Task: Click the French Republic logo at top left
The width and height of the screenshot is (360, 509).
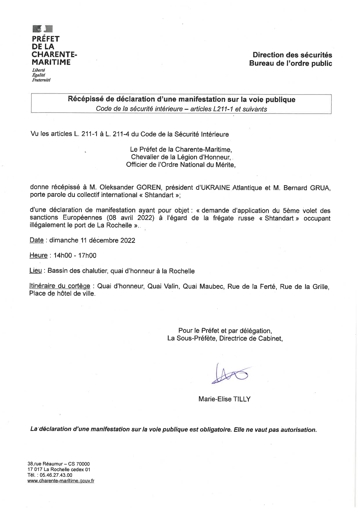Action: click(x=42, y=29)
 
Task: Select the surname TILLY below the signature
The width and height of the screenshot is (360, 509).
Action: click(x=242, y=399)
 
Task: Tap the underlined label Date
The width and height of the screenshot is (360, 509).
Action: click(x=37, y=240)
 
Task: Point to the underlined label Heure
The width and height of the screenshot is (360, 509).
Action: click(x=38, y=255)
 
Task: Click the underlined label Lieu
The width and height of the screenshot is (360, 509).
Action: click(x=35, y=271)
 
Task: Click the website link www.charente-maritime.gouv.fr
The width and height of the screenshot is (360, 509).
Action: click(x=61, y=481)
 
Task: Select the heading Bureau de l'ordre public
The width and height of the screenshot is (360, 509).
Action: click(x=290, y=63)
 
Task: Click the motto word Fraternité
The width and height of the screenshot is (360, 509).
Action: click(x=41, y=80)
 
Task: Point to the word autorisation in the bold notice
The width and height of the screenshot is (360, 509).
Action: click(x=298, y=430)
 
